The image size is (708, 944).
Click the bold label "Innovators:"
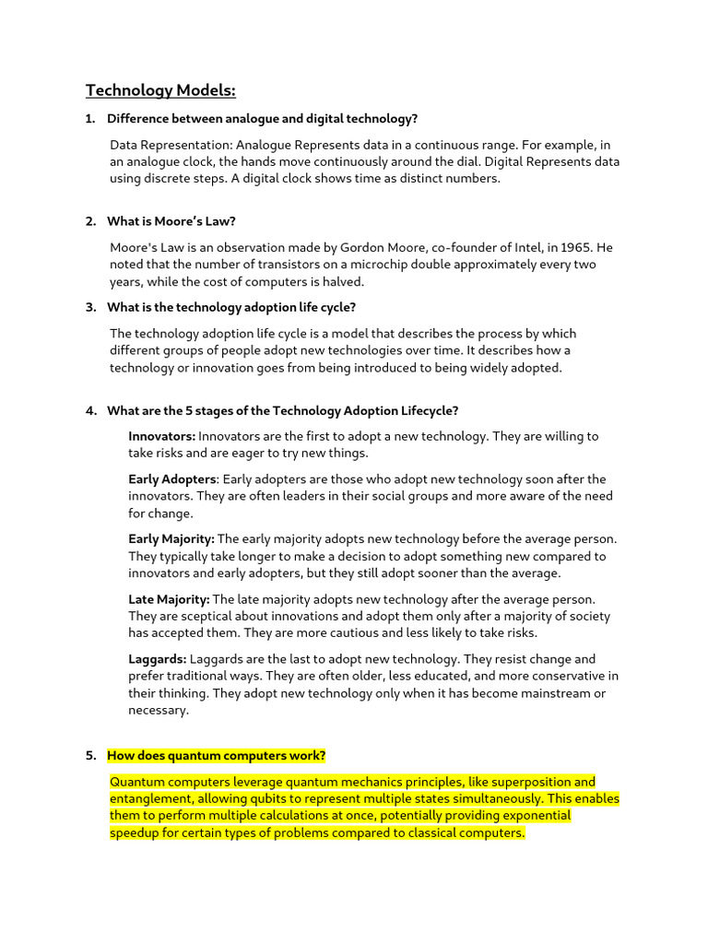pyautogui.click(x=161, y=436)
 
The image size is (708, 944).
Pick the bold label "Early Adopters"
pyautogui.click(x=172, y=479)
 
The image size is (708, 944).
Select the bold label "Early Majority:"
pyautogui.click(x=171, y=539)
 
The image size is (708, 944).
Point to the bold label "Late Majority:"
pyautogui.click(x=169, y=599)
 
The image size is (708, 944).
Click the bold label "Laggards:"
pyautogui.click(x=158, y=659)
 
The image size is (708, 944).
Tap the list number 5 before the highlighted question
pyautogui.click(x=91, y=756)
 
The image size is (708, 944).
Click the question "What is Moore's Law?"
pyautogui.click(x=171, y=221)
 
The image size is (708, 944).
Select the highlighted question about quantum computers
pyautogui.click(x=216, y=756)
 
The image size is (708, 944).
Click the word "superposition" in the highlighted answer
pyautogui.click(x=534, y=782)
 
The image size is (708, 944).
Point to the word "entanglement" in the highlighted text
pyautogui.click(x=149, y=798)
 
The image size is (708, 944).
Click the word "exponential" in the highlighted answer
pyautogui.click(x=537, y=816)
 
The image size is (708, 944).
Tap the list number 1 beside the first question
pyautogui.click(x=90, y=119)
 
